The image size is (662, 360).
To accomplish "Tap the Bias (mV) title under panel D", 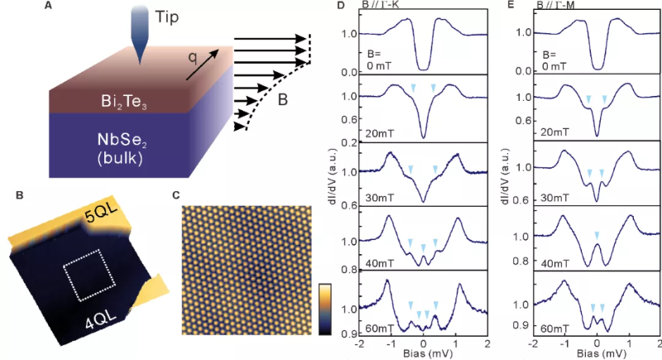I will (x=424, y=355).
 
